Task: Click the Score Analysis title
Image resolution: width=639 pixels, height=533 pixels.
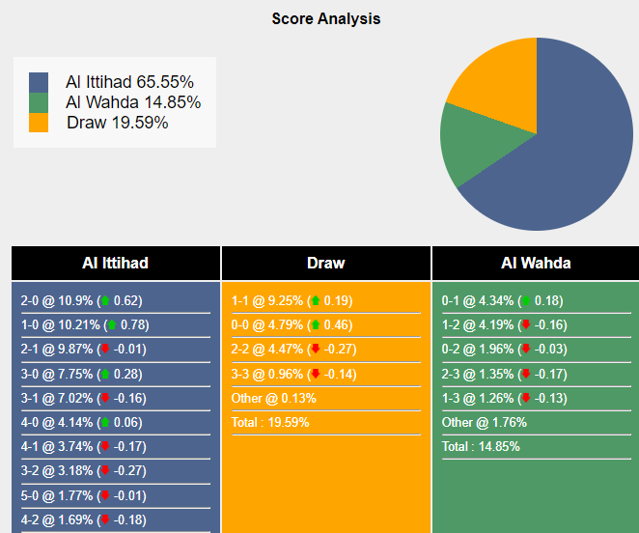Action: (325, 18)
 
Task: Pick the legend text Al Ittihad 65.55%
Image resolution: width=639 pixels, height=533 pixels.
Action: (129, 82)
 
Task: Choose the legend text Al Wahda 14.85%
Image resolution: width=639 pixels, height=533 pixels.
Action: (133, 102)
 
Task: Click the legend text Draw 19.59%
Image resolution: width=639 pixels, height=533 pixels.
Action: (118, 123)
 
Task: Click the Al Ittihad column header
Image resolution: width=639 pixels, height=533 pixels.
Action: (116, 263)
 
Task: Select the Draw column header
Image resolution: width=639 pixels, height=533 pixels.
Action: (326, 263)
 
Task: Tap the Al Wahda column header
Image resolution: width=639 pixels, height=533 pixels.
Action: (536, 263)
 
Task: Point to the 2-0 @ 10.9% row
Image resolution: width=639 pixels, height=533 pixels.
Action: (82, 300)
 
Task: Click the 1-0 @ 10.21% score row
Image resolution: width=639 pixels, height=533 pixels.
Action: (85, 324)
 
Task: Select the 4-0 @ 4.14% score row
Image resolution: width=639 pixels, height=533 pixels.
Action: (81, 422)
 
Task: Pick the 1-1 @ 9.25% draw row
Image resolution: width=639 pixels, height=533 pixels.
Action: (292, 300)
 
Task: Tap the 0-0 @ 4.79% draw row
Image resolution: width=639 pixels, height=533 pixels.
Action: (292, 324)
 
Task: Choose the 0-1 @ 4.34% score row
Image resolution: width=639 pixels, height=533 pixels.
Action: (502, 300)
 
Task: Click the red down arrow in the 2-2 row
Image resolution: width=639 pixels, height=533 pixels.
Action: (314, 350)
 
